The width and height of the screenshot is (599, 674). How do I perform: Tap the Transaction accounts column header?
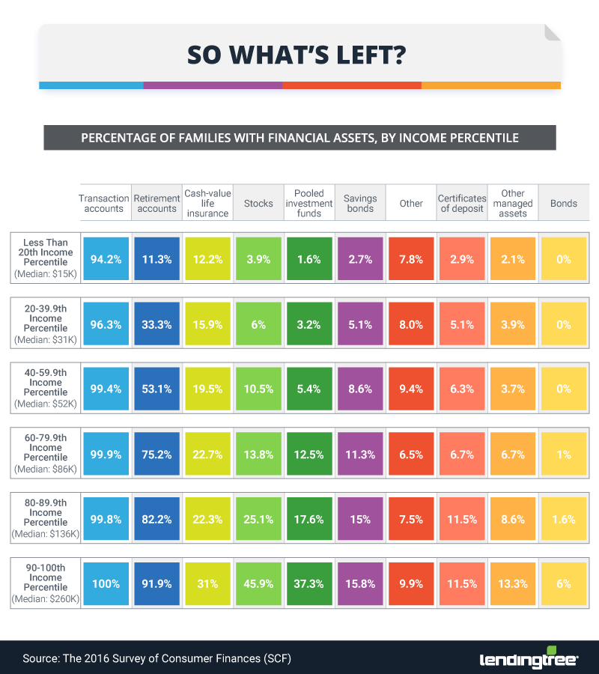coord(104,203)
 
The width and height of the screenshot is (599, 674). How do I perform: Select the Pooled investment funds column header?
coord(309,203)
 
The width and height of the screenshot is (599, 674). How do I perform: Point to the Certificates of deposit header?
coord(462,203)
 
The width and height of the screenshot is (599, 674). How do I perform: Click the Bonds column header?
coord(564,203)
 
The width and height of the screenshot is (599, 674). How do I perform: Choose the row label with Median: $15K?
coord(46,259)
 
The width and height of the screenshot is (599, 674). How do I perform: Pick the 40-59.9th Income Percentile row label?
coord(46,389)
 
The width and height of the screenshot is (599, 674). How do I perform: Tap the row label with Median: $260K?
coord(46,583)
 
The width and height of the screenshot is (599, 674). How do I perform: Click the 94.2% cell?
coord(106,259)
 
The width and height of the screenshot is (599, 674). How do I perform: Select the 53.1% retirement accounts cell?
coord(156,389)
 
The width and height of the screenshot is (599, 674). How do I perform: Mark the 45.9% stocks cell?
coord(258,583)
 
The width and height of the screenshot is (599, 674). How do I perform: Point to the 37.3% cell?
coord(309,583)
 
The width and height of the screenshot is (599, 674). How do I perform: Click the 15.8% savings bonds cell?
coord(360,583)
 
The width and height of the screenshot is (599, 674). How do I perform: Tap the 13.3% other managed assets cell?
coord(513,583)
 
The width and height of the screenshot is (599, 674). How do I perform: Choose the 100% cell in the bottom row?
coord(106,583)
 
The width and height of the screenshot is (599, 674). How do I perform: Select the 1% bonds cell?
coord(564,454)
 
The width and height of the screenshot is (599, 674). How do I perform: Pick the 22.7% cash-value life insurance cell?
coord(207,454)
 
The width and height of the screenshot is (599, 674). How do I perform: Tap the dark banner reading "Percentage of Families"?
coord(299,138)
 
